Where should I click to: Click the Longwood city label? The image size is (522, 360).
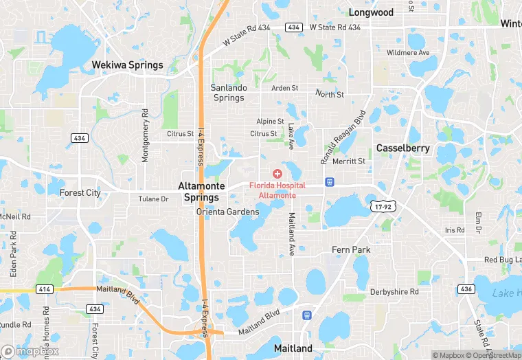(x=371, y=12)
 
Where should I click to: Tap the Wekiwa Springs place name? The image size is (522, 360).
(x=128, y=65)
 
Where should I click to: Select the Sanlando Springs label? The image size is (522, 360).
(x=228, y=93)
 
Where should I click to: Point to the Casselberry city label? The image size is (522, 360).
(x=402, y=148)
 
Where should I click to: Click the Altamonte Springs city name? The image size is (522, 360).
(x=198, y=191)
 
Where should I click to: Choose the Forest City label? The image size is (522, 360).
(x=80, y=193)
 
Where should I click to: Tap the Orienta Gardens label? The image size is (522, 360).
(x=228, y=212)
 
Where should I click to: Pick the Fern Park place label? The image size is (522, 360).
(x=351, y=249)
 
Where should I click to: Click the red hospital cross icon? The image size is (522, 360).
(x=277, y=175)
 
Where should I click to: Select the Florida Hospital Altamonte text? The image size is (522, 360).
(x=277, y=190)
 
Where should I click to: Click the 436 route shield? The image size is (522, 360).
(x=484, y=289)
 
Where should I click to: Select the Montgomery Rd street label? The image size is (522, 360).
(x=145, y=135)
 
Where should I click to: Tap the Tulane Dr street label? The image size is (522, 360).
(x=153, y=199)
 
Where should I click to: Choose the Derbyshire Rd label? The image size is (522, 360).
(x=394, y=292)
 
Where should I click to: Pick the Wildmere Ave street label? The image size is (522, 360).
(x=408, y=53)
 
